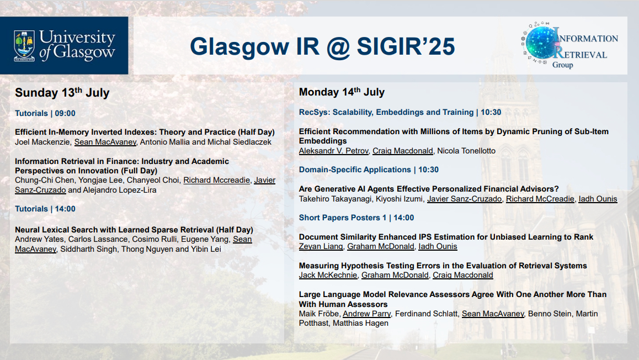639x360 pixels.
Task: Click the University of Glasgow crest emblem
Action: (24, 46)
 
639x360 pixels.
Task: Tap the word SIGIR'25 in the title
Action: (406, 46)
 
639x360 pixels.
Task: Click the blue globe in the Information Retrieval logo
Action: (540, 43)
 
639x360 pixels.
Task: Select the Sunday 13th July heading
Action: (62, 93)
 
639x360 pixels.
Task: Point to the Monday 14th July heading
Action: (342, 92)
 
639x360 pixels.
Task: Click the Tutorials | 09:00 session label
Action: (45, 113)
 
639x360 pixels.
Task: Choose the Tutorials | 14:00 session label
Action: (45, 209)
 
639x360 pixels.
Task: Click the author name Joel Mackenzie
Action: (42, 142)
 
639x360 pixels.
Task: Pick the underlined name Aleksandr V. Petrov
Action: (333, 151)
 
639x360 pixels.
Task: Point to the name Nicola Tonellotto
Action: (466, 151)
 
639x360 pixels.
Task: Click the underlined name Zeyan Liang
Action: (321, 246)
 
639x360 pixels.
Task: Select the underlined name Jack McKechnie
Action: (328, 275)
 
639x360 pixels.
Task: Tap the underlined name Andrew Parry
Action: (366, 314)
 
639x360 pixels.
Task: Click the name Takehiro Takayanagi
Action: (336, 199)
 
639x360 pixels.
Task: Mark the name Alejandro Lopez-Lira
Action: (119, 190)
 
